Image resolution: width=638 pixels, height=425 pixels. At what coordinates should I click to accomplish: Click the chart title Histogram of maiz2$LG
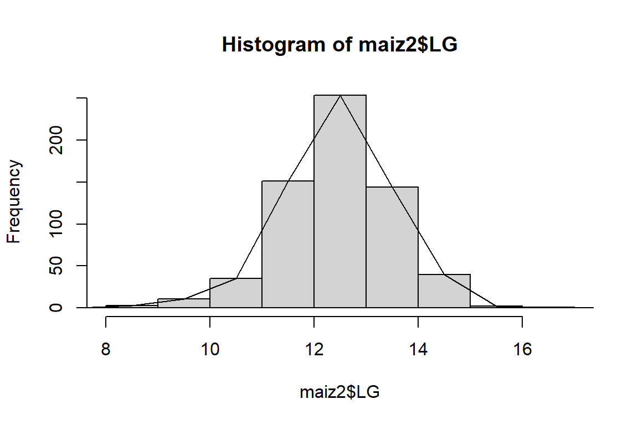tap(339, 45)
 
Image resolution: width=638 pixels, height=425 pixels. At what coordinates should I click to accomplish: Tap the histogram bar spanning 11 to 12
tap(287, 244)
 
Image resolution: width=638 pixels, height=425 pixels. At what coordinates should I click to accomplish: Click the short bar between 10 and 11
tap(235, 293)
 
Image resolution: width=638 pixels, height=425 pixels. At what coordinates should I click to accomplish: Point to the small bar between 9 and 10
tap(183, 303)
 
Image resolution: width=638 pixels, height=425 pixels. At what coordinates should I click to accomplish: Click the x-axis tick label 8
tap(106, 351)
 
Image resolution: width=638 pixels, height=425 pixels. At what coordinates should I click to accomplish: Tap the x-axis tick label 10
tap(210, 351)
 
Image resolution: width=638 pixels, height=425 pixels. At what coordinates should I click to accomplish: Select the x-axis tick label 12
tap(314, 351)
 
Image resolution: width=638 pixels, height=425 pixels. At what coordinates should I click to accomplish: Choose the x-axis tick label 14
tap(418, 351)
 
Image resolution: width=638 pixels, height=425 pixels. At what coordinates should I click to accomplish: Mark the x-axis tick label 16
tap(522, 351)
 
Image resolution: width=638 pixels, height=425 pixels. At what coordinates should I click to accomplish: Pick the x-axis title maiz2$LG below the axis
tap(339, 393)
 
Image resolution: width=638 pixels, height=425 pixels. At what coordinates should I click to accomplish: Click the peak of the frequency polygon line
tap(340, 96)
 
